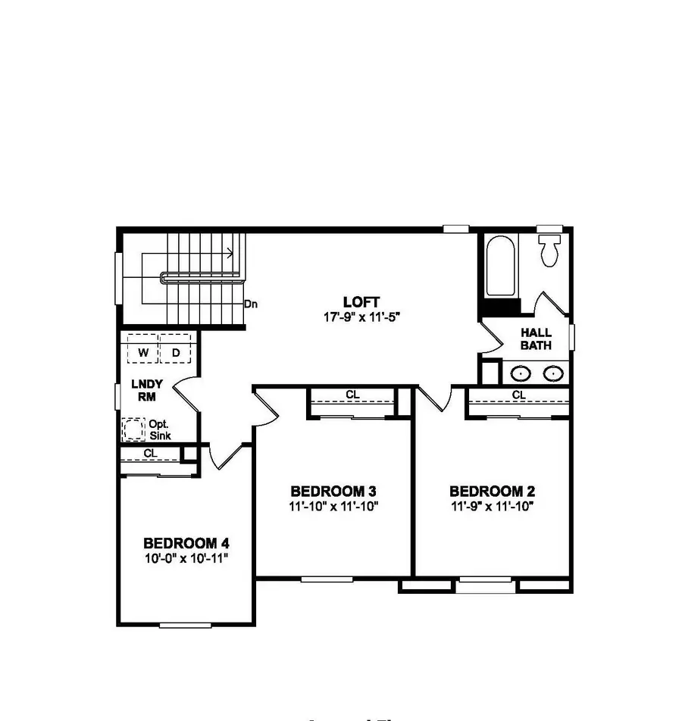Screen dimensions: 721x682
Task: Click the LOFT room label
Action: [x=361, y=301]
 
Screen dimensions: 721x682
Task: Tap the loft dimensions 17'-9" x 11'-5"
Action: [x=361, y=317]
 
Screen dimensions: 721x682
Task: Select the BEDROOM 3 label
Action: [x=333, y=490]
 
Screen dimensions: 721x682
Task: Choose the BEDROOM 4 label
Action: [x=186, y=543]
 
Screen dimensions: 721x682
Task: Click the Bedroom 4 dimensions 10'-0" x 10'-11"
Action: [x=186, y=558]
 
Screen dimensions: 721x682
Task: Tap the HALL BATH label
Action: [x=536, y=339]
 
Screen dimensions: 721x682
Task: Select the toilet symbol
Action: [x=550, y=249]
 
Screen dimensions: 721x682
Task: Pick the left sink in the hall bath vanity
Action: [x=520, y=373]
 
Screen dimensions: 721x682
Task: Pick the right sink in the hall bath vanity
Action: [x=553, y=373]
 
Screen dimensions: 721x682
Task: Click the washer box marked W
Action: [x=142, y=352]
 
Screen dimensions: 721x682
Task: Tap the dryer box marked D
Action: [x=174, y=352]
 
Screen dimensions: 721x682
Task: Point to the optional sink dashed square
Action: [x=133, y=430]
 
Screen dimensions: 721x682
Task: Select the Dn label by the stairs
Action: [x=251, y=304]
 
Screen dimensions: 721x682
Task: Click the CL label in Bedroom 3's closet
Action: [x=352, y=395]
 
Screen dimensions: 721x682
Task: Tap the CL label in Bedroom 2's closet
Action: [x=519, y=395]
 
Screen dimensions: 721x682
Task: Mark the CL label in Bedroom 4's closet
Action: [x=149, y=453]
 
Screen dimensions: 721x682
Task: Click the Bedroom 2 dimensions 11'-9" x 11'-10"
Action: [x=496, y=506]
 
